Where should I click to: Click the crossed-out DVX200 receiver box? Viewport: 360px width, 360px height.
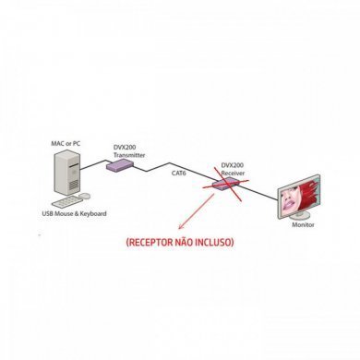coord(222,185)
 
